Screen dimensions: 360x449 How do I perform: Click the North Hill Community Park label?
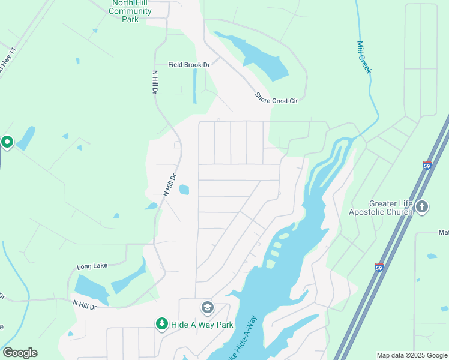pos(131,11)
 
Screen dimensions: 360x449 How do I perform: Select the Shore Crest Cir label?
pos(276,98)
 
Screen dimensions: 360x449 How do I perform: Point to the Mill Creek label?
pos(364,58)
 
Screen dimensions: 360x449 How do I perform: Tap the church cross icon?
pos(422,207)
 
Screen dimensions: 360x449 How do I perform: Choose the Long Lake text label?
pos(91,266)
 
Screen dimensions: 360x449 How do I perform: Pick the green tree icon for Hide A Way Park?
pos(161,324)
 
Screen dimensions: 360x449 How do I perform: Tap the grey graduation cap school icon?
pos(207,308)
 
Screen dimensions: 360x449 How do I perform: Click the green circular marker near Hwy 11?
pos(7,142)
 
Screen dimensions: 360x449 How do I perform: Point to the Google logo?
pos(20,352)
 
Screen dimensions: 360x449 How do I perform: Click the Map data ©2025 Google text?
pos(412,355)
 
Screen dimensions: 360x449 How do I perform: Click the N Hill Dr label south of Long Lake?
pos(85,305)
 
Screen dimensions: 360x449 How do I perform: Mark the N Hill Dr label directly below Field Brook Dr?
pos(155,82)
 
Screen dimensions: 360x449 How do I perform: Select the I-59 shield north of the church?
pos(427,165)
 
